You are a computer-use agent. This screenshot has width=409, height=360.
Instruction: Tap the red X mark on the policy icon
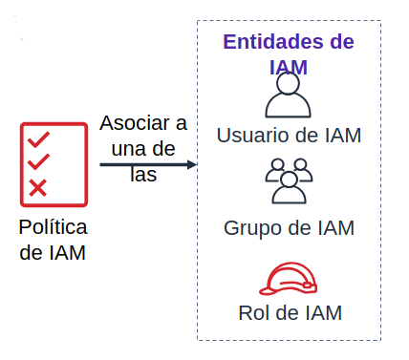tap(38, 187)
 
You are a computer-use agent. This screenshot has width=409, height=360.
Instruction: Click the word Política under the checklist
tap(54, 228)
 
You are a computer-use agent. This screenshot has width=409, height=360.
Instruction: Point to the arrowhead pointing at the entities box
tap(192, 164)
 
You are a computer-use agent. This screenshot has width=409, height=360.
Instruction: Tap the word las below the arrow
tap(143, 175)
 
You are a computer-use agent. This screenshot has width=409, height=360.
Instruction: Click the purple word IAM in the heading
tap(289, 67)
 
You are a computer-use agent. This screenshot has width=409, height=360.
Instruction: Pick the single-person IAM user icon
tap(289, 95)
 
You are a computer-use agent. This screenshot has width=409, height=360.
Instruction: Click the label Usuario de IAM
tap(289, 135)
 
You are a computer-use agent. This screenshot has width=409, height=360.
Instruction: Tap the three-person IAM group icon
tap(289, 180)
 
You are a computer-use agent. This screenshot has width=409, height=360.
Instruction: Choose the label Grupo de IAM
tap(289, 228)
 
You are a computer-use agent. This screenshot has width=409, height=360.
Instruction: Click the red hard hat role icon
tap(289, 278)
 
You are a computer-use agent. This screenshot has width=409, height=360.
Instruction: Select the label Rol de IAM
tap(289, 312)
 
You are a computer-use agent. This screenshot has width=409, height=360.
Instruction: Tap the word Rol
tap(253, 312)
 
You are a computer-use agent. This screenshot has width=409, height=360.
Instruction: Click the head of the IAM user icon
tap(289, 83)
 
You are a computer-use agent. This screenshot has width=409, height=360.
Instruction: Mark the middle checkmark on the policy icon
tap(39, 161)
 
